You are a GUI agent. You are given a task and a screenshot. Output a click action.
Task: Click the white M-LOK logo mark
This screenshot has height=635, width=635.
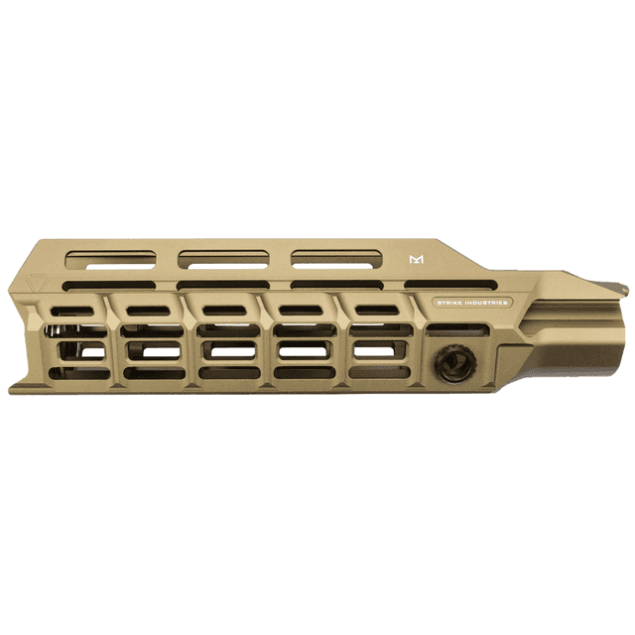pos(416,260)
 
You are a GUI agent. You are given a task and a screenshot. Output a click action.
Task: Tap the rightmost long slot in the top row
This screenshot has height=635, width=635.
pos(334,260)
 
